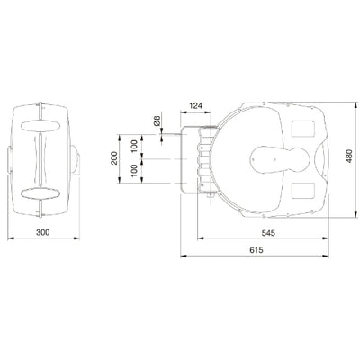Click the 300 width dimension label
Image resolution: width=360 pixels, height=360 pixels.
(43, 232)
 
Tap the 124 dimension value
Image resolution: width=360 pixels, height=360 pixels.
(196, 105)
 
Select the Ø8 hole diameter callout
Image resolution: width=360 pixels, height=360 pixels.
(157, 121)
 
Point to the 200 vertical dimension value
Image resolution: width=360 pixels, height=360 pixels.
(114, 158)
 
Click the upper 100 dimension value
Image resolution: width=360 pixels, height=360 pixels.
(135, 146)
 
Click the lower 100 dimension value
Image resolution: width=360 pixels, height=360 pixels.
(135, 170)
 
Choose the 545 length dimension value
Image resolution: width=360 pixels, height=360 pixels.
(268, 233)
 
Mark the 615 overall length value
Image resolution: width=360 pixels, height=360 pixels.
(256, 250)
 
